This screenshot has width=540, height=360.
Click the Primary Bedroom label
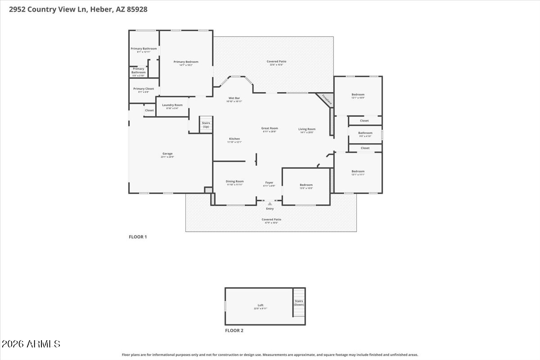click(186, 62)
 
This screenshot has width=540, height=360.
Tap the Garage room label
click(167, 154)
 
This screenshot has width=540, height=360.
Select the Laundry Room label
click(172, 105)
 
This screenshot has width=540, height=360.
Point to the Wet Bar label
click(234, 98)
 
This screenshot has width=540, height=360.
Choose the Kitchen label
click(234, 139)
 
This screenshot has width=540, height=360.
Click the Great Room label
click(270, 129)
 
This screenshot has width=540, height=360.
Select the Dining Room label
click(234, 182)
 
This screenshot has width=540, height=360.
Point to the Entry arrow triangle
click(270, 204)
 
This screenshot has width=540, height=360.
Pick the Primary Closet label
click(144, 89)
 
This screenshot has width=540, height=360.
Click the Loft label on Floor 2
click(261, 306)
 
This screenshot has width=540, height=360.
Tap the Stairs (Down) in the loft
click(299, 303)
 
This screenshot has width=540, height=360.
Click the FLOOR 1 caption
click(138, 237)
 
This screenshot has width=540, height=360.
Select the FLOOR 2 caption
click(234, 330)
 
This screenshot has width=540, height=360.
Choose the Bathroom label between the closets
click(365, 133)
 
